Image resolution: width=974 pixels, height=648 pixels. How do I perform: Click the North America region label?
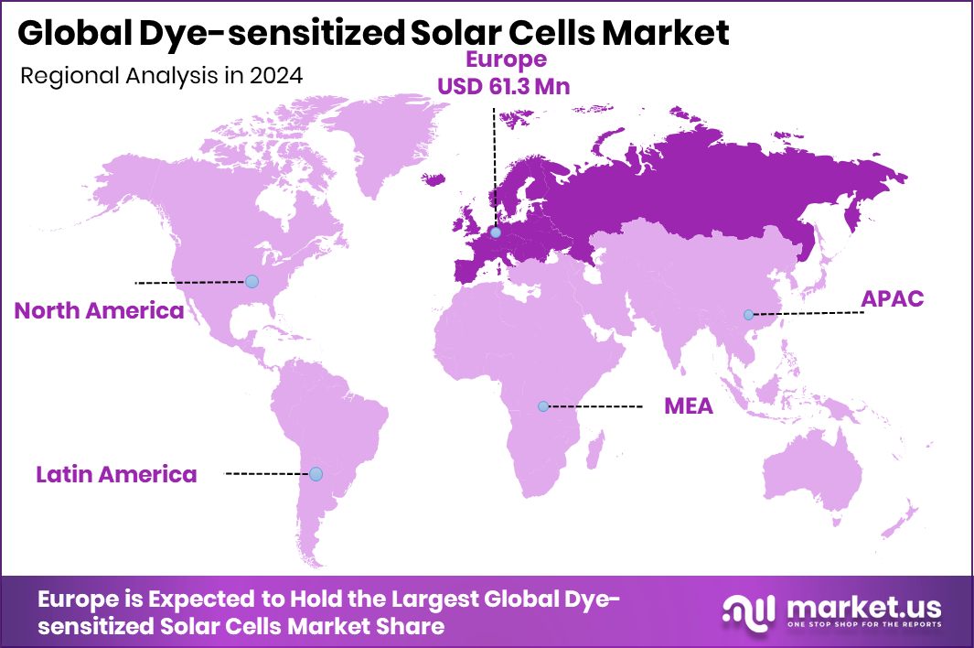pyautogui.click(x=99, y=310)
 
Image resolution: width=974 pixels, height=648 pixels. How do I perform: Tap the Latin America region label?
pyautogui.click(x=116, y=474)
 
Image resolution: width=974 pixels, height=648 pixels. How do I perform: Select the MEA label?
pyautogui.click(x=688, y=406)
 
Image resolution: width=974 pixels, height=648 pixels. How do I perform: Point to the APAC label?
pyautogui.click(x=893, y=298)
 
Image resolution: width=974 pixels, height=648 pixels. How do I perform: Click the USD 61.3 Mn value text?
pyautogui.click(x=517, y=86)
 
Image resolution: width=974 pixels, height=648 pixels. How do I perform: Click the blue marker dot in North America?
pyautogui.click(x=252, y=281)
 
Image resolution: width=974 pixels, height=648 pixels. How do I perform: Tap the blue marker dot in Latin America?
pyautogui.click(x=316, y=474)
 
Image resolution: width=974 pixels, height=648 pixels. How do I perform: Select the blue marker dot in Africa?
pyautogui.click(x=543, y=405)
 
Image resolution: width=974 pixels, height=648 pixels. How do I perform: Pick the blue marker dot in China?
pyautogui.click(x=748, y=315)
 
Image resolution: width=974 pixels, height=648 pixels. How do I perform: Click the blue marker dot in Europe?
pyautogui.click(x=495, y=232)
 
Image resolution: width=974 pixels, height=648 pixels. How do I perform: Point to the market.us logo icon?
pyautogui.click(x=748, y=610)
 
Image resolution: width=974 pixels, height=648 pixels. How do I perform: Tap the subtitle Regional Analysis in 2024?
pyautogui.click(x=161, y=77)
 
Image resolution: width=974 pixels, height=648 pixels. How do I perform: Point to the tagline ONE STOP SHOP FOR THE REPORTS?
pyautogui.click(x=861, y=626)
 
